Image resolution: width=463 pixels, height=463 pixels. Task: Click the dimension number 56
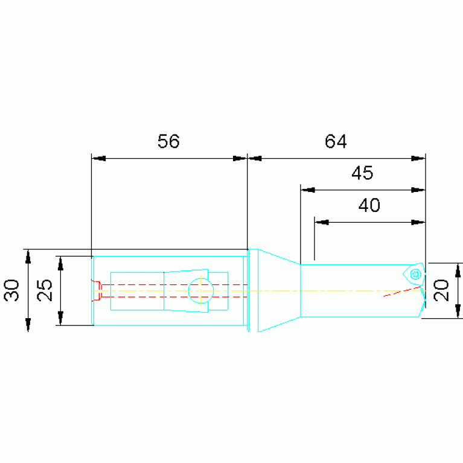(168, 141)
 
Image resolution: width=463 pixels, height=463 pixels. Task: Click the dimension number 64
(336, 141)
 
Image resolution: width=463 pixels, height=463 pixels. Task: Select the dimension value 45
(362, 173)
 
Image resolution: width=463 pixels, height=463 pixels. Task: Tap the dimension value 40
(369, 205)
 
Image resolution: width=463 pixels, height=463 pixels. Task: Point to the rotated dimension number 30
(12, 290)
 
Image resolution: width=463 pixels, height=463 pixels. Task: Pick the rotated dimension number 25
(45, 290)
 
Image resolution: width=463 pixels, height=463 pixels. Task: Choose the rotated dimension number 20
(441, 290)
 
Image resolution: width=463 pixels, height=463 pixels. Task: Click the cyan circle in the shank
(201, 291)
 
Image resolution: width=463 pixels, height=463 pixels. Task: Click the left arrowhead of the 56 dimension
(98, 159)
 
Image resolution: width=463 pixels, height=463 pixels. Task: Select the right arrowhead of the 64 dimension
(418, 159)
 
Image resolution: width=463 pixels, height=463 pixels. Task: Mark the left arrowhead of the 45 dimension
(308, 190)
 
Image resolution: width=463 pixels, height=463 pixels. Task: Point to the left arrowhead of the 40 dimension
(322, 222)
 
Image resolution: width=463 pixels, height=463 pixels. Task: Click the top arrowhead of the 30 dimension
(28, 257)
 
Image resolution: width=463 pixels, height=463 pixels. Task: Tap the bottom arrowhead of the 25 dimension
(60, 318)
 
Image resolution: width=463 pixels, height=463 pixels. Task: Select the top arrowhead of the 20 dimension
(458, 270)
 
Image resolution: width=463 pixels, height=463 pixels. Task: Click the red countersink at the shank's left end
(96, 291)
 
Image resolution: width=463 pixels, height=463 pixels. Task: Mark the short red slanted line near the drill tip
(401, 291)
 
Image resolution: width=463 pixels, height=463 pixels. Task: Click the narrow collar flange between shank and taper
(254, 290)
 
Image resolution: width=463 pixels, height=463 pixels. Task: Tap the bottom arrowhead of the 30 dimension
(28, 325)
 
